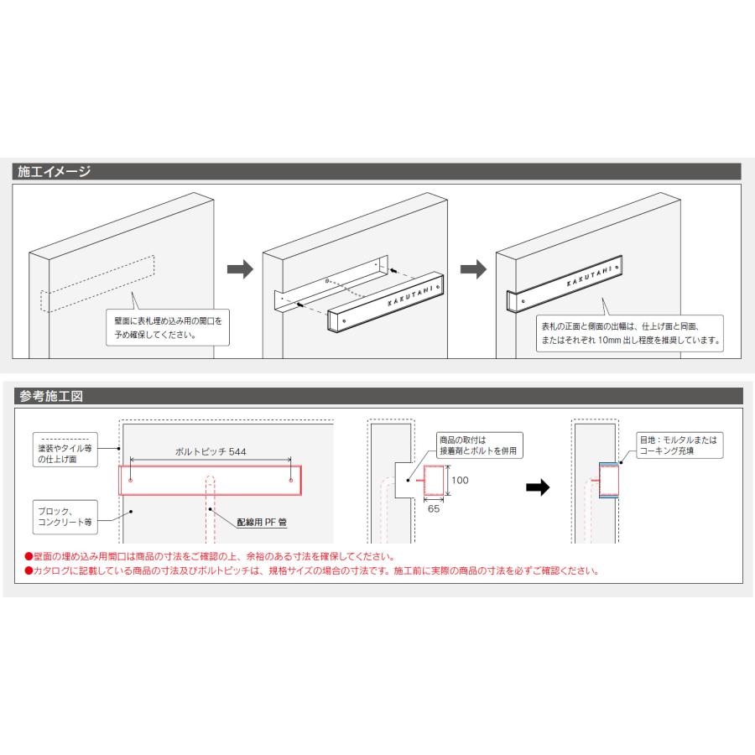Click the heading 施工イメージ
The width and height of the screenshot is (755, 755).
click(54, 171)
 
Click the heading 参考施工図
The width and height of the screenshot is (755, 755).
click(51, 396)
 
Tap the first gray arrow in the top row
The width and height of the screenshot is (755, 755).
click(240, 269)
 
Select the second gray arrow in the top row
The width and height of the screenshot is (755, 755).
click(474, 269)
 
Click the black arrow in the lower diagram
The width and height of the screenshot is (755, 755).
click(538, 487)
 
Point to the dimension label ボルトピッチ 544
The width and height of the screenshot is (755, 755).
click(211, 451)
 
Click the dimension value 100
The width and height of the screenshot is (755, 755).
click(460, 480)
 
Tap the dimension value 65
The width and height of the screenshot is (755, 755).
click(434, 509)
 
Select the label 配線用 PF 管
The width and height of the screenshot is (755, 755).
click(262, 522)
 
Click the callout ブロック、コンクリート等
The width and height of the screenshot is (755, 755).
click(65, 517)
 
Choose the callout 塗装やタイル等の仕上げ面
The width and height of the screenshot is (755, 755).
click(65, 450)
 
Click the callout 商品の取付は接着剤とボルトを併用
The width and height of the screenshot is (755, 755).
click(479, 445)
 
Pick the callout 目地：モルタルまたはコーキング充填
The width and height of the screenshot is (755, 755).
click(679, 445)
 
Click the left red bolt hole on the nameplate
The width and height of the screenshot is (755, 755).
click(131, 480)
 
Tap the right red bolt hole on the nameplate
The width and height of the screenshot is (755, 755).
click(291, 480)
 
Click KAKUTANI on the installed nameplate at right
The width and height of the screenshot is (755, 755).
click(590, 276)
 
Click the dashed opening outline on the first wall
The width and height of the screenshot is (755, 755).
click(98, 284)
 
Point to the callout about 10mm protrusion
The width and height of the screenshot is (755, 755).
click(630, 333)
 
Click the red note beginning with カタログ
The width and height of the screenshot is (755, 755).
click(312, 571)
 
